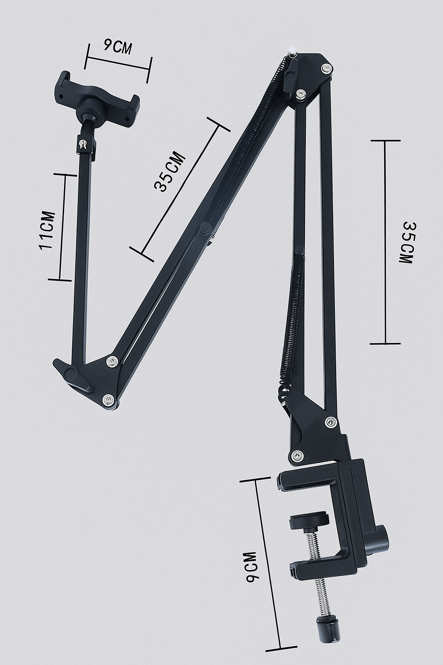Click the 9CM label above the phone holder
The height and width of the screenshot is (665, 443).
[x=117, y=46]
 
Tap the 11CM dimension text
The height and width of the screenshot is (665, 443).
[x=47, y=230]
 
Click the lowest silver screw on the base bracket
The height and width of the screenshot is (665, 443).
[x=297, y=455]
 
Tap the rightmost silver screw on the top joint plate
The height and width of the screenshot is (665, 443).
[x=326, y=68]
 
